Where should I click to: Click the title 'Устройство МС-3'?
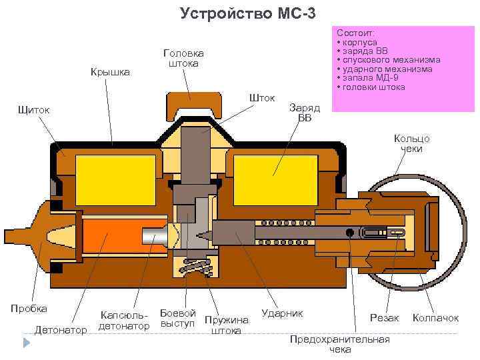pos(239,14)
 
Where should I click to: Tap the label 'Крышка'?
pos(110,71)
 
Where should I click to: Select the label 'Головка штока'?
pos(183,58)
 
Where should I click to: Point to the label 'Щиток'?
pos(36,109)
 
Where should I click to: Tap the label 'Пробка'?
pos(29,308)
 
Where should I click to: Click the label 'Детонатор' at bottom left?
pos(61,329)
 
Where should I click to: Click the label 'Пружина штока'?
pos(226,325)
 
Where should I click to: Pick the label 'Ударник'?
pos(282,313)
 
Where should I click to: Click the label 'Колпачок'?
pos(436,318)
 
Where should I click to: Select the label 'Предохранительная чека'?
pos(339,344)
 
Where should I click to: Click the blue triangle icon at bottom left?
pos(27,343)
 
